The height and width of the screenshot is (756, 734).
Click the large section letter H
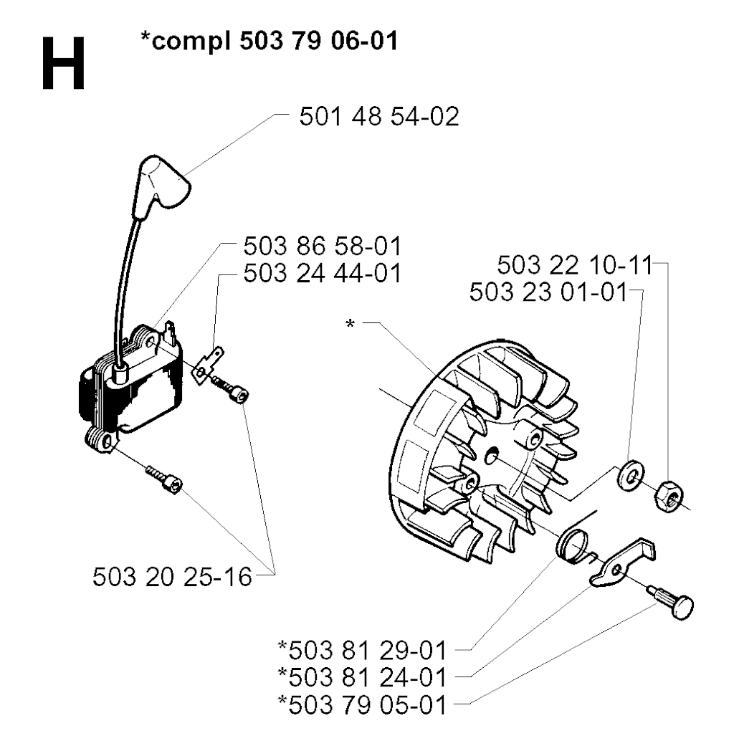[64, 64]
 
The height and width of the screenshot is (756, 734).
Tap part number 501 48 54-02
[379, 117]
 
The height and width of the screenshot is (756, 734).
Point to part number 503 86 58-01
[322, 247]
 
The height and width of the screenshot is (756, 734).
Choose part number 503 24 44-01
[322, 273]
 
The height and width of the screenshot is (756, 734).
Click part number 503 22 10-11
[575, 265]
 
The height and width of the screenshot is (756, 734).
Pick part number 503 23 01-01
[548, 292]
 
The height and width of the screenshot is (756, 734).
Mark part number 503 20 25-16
[172, 577]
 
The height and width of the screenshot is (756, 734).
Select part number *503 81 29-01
[362, 651]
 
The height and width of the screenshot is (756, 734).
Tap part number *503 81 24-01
[362, 677]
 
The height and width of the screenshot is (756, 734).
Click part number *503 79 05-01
[362, 705]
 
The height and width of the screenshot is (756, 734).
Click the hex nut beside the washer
[668, 496]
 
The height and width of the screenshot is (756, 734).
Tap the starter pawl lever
[620, 563]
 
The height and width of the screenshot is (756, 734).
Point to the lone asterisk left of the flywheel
[350, 324]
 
